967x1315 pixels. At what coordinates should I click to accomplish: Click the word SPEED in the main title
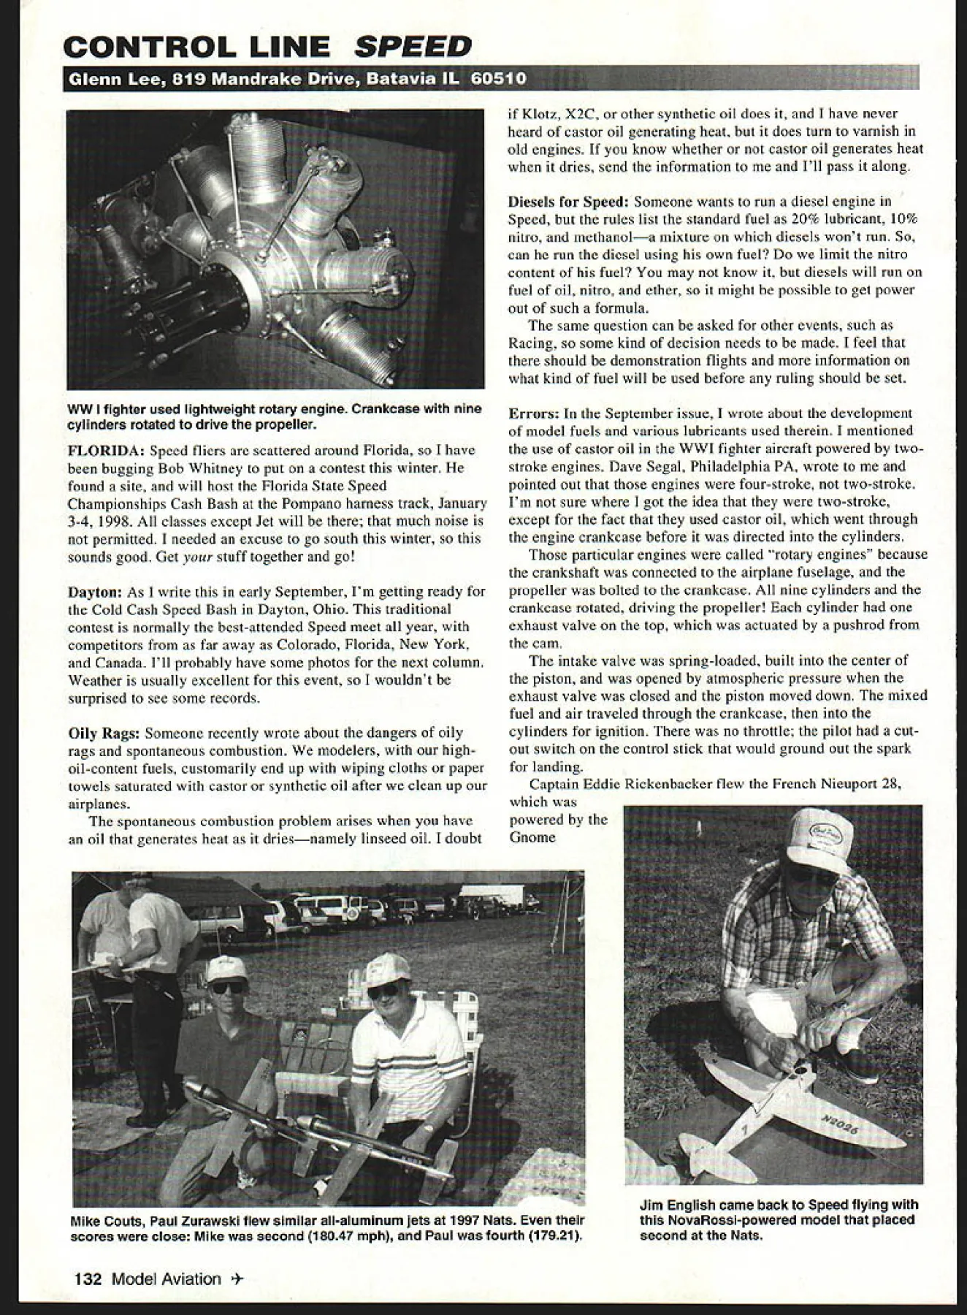[413, 47]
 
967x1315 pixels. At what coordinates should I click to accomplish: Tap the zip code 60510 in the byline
[500, 78]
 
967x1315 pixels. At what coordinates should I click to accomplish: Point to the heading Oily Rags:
[102, 733]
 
